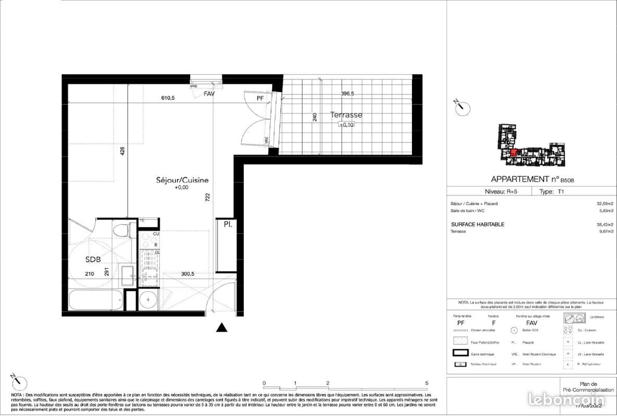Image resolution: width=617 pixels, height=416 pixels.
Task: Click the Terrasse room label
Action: (x=346, y=115)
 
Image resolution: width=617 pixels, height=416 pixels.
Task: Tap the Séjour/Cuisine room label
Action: (x=182, y=180)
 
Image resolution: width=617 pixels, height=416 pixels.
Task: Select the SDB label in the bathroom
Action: (x=93, y=259)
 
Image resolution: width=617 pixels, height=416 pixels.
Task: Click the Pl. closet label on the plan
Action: (x=228, y=225)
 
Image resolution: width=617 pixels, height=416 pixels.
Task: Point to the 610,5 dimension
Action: (x=167, y=97)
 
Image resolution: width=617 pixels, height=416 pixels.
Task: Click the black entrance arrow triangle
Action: (x=222, y=328)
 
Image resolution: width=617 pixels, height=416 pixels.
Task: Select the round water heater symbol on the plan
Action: (x=149, y=300)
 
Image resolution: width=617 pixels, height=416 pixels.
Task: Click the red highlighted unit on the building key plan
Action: (x=513, y=153)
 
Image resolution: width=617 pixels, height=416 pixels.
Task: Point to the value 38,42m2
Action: (x=605, y=225)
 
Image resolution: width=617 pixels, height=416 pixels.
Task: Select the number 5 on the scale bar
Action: (x=426, y=383)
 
